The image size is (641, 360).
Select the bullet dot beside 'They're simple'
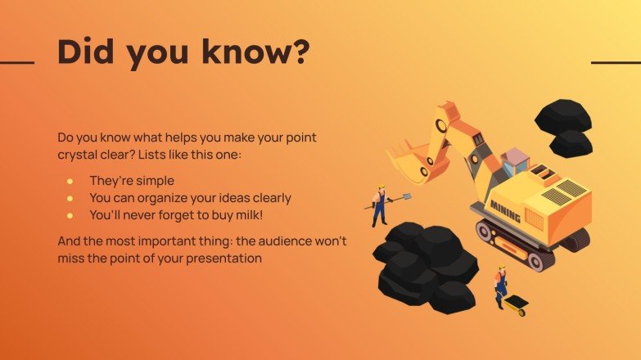coord(70,180)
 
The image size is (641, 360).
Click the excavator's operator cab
coord(515,161)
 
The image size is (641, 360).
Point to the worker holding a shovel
coord(379,205)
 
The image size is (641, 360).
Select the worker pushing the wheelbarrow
coord(499,286)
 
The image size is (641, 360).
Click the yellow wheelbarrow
coord(517,305)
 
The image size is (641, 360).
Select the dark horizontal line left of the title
coord(17,62)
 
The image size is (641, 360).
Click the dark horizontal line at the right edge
coord(615,62)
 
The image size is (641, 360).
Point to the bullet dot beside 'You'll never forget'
coord(70,215)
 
